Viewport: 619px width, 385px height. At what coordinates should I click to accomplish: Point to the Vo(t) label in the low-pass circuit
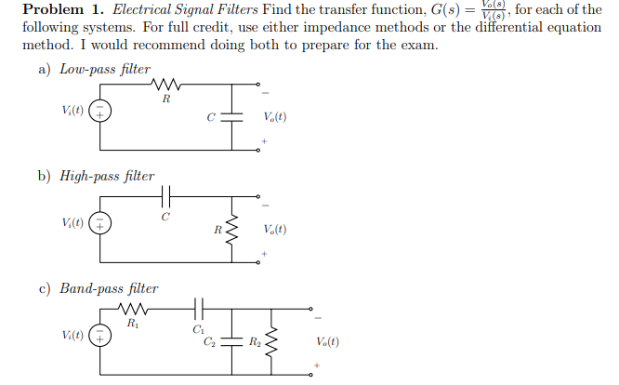click(274, 117)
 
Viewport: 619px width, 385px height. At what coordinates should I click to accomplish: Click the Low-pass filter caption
click(104, 69)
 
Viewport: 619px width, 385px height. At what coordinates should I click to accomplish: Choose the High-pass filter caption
click(107, 175)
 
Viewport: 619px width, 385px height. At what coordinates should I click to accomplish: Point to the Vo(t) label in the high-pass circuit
click(274, 229)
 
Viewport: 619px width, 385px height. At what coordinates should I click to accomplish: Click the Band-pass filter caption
click(109, 288)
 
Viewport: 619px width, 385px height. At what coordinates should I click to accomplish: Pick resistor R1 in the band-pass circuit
click(132, 308)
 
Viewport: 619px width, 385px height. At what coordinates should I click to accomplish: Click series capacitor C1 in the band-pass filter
click(197, 308)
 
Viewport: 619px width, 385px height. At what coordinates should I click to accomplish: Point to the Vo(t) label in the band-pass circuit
click(327, 340)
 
